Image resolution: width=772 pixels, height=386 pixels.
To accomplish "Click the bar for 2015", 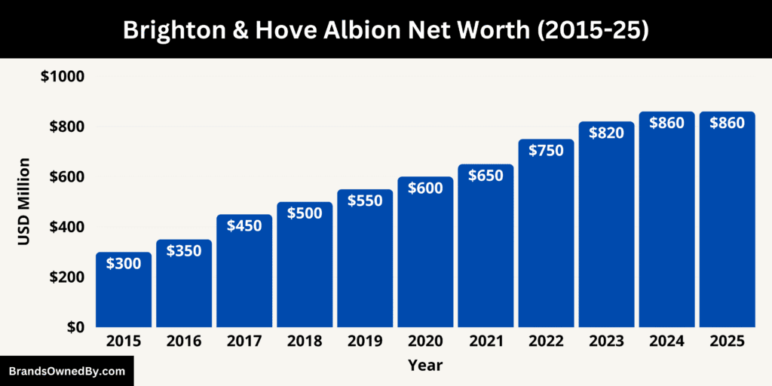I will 124,290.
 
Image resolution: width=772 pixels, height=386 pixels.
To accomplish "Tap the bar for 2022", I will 546,234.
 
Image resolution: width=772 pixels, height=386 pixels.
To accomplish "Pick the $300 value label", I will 124,264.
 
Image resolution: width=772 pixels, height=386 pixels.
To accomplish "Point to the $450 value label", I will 244,225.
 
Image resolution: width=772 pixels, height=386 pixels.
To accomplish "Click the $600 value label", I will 425,188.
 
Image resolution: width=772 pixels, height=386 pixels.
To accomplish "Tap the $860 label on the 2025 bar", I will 727,122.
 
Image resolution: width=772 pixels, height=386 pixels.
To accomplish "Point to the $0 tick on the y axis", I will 75,327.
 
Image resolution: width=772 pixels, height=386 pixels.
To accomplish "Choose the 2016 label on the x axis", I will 184,342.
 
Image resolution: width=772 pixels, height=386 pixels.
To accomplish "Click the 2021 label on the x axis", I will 486,342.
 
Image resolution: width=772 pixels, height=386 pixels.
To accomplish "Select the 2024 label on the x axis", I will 666,342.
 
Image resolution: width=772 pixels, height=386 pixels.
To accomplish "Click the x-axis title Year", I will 425,366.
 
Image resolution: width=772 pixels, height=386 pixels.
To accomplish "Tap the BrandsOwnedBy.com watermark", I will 66,371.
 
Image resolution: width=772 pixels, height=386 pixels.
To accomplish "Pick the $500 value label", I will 305,213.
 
